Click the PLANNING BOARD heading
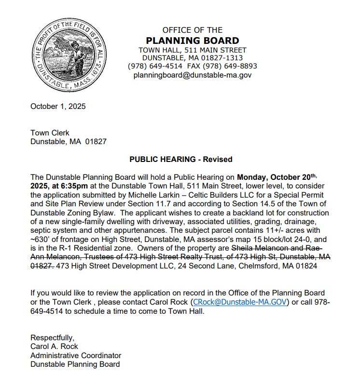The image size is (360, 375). click(x=192, y=40)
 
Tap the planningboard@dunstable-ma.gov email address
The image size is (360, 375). click(x=192, y=75)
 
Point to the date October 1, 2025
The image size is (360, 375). click(x=58, y=107)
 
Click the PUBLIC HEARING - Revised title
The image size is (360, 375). click(x=180, y=160)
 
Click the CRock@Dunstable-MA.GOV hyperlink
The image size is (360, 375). click(x=240, y=302)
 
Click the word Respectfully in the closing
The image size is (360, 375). click(x=52, y=337)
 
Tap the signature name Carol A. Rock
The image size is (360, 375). click(x=54, y=347)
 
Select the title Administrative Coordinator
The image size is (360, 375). click(x=76, y=356)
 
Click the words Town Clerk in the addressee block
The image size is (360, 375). click(x=50, y=133)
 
